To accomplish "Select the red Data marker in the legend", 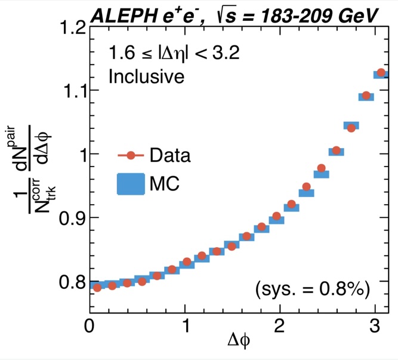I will pyautogui.click(x=130, y=156).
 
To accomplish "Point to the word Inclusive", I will pyautogui.click(x=146, y=76).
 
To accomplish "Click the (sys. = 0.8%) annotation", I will pyautogui.click(x=313, y=290).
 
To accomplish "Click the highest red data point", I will pyautogui.click(x=381, y=73).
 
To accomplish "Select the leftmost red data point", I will pyautogui.click(x=97, y=287).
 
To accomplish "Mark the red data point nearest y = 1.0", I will pyautogui.click(x=337, y=150).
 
